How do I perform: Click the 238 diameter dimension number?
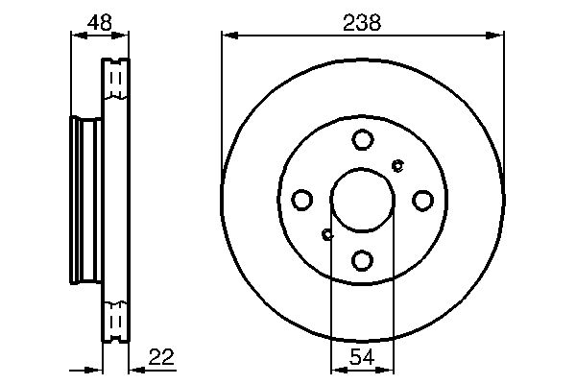(x=362, y=23)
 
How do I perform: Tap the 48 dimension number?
(x=100, y=23)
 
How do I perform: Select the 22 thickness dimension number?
(x=161, y=356)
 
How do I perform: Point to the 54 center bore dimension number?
(x=362, y=356)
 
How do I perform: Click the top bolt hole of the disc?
(x=363, y=139)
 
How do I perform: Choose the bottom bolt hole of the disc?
(x=362, y=260)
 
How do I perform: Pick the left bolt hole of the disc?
(x=302, y=200)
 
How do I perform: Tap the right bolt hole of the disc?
(x=422, y=201)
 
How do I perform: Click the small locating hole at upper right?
(x=397, y=166)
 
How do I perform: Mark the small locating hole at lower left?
(x=327, y=234)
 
